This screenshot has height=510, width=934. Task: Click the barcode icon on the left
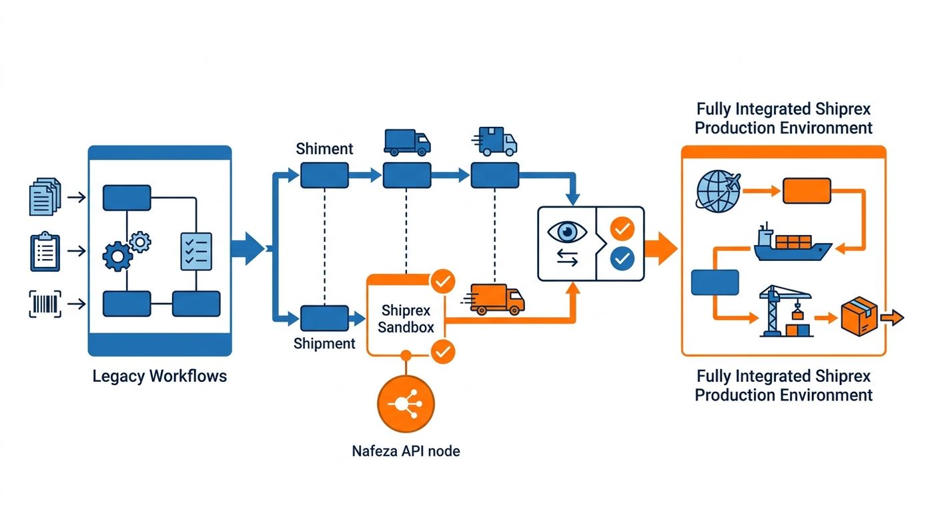tap(45, 304)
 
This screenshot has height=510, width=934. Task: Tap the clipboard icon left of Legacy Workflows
tap(45, 252)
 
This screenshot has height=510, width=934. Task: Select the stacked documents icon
tap(45, 196)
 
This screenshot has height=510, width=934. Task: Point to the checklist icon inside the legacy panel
tap(196, 251)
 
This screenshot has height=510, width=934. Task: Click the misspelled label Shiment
tap(324, 149)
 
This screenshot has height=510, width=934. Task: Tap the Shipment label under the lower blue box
tap(324, 344)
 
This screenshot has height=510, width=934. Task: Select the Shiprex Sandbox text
tap(406, 318)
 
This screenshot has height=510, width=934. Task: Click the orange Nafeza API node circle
tap(406, 404)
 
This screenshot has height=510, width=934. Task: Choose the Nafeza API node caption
tap(406, 451)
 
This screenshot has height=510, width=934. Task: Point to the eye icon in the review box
tap(567, 232)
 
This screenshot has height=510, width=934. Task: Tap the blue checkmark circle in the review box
tap(622, 259)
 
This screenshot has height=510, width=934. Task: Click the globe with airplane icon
tap(718, 191)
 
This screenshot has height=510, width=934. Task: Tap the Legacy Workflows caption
tap(159, 376)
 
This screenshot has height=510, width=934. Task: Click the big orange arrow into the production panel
tap(661, 249)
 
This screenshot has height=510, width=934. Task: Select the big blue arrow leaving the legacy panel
tap(248, 249)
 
